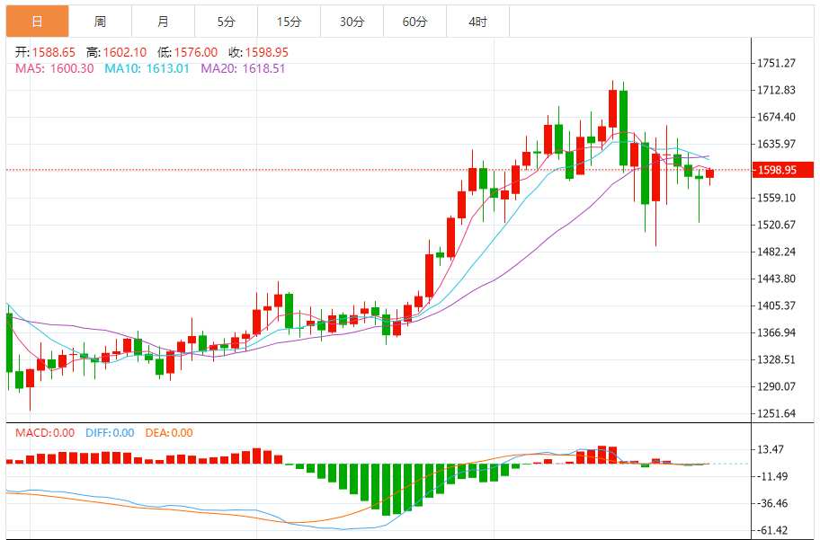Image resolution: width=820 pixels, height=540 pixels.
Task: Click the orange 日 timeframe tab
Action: [x=37, y=22]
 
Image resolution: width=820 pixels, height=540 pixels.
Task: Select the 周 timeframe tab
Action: [x=100, y=22]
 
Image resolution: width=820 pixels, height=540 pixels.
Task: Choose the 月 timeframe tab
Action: [x=162, y=22]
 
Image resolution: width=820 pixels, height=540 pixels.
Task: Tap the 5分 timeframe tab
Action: [x=226, y=22]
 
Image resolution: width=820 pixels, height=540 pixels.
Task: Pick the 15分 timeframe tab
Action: [x=289, y=22]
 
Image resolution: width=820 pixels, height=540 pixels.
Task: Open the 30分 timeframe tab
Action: [x=352, y=22]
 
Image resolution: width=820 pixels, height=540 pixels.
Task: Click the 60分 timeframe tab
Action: [x=414, y=22]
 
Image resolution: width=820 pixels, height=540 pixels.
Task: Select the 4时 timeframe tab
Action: [x=477, y=22]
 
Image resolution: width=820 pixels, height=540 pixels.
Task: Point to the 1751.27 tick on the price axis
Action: [x=778, y=63]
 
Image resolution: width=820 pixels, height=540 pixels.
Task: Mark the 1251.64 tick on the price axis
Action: [x=778, y=414]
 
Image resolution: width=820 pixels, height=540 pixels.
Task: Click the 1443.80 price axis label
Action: [x=778, y=279]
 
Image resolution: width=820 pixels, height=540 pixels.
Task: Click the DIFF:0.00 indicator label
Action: [x=110, y=433]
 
